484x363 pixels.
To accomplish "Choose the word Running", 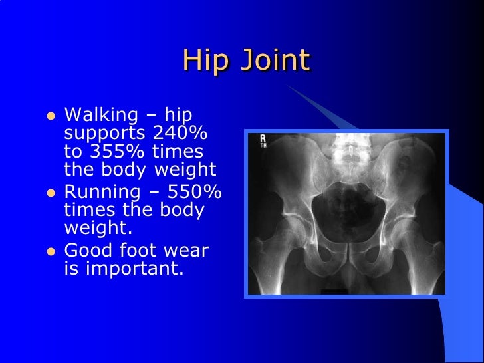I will point(102,193).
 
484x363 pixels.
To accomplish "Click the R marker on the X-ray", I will point(263,138).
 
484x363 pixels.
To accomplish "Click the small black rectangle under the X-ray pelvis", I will point(334,291).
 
